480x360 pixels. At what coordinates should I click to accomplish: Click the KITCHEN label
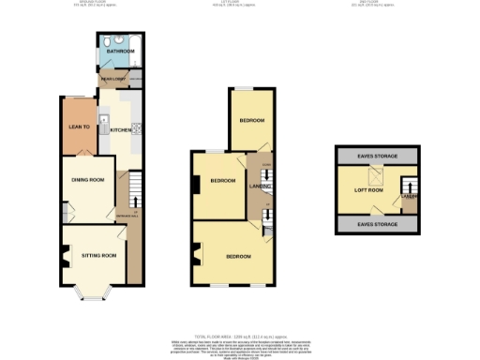pyautogui.click(x=121, y=130)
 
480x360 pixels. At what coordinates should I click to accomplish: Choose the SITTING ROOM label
pyautogui.click(x=97, y=254)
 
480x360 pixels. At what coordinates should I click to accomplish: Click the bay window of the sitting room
pyautogui.click(x=94, y=295)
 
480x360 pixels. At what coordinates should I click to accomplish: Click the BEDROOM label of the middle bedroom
pyautogui.click(x=221, y=180)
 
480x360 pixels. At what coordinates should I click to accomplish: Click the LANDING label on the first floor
pyautogui.click(x=258, y=186)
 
